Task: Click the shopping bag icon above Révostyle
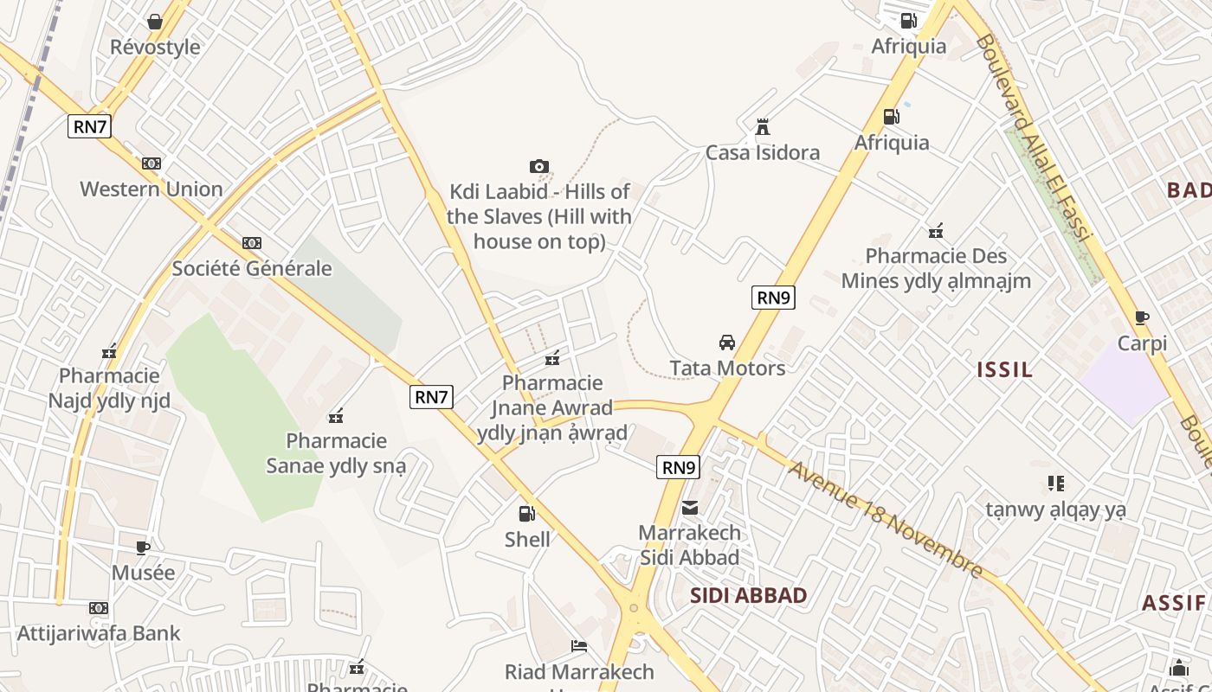pos(155,22)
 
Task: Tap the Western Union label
pos(151,189)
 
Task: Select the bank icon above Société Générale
pos(252,243)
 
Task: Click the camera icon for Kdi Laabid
pos(538,166)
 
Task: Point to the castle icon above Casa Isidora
pos(763,127)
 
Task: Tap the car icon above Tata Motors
pos(727,343)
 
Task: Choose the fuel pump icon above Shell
pos(526,514)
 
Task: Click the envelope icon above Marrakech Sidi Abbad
pos(690,508)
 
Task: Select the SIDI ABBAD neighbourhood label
pos(749,595)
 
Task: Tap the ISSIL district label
pos(1004,370)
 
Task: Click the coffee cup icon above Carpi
pos(1142,317)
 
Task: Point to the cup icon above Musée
pos(143,548)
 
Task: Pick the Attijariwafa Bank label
pos(99,633)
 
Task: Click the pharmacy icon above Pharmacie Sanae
pos(336,416)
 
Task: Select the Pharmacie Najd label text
pos(109,388)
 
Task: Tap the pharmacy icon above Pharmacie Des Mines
pos(936,231)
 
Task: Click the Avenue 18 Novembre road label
pos(886,519)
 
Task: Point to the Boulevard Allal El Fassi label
pos(1035,138)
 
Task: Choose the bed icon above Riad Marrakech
pos(579,646)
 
